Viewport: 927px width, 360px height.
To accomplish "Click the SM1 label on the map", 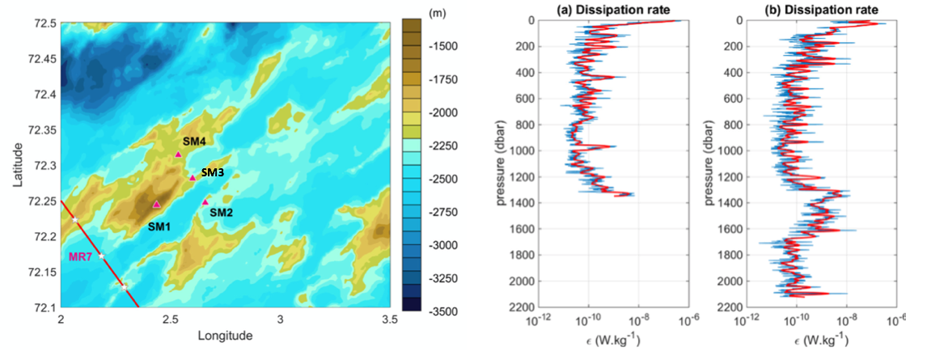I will click(x=159, y=227).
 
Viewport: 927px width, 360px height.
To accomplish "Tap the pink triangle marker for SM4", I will click(x=179, y=154).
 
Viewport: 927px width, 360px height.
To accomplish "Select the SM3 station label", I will click(x=212, y=172).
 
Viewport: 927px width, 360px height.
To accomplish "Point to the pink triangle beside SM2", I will click(x=205, y=201).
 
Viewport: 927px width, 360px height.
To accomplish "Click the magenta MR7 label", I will click(x=79, y=256).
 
